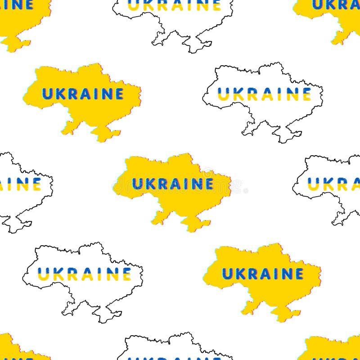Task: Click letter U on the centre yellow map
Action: (137, 184)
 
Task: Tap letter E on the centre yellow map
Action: (208, 184)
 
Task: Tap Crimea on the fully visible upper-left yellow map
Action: (104, 133)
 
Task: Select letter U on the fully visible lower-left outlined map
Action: (43, 274)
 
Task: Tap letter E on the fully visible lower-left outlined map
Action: (126, 274)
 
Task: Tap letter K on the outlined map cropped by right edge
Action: (328, 184)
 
